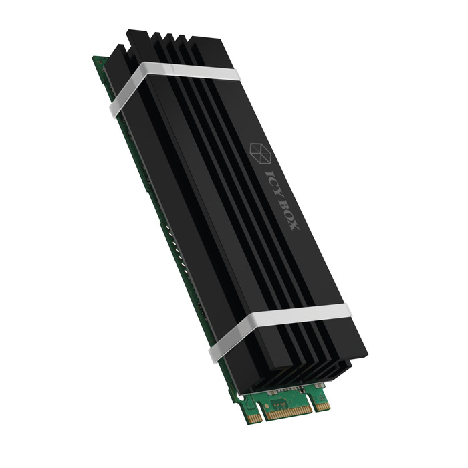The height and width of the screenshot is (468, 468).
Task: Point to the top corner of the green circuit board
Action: tap(94, 59)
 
